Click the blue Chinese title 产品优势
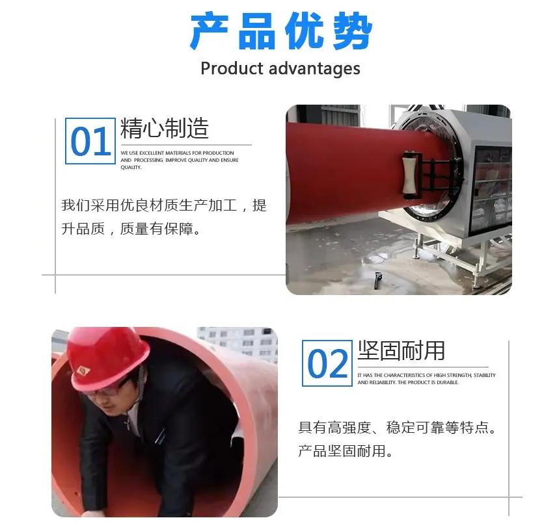[x=281, y=31]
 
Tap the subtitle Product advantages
[x=280, y=68]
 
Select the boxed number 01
[x=90, y=141]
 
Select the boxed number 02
[x=327, y=363]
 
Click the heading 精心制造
[x=165, y=128]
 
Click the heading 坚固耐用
[x=401, y=350]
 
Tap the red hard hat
[x=107, y=357]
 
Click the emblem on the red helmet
[x=83, y=371]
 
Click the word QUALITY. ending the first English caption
[x=131, y=168]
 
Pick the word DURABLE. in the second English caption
[x=448, y=382]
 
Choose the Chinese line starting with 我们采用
[x=164, y=205]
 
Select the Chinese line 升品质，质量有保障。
[x=131, y=229]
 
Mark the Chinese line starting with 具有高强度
[x=397, y=428]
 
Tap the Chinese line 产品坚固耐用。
[x=346, y=451]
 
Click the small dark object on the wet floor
[x=378, y=280]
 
